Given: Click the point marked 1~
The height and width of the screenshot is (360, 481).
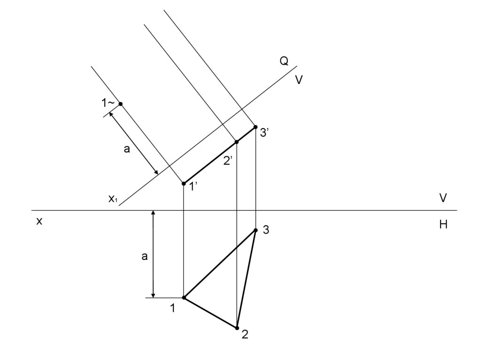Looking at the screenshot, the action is [121, 104].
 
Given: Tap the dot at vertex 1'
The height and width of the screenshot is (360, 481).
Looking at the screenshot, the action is [184, 184].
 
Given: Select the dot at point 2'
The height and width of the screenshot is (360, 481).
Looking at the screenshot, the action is [237, 142].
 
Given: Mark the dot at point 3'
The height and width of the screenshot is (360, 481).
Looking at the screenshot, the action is [255, 127].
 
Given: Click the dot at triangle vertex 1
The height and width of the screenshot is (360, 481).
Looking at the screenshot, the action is [184, 298].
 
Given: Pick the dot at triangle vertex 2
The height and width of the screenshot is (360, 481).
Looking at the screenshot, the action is [237, 328].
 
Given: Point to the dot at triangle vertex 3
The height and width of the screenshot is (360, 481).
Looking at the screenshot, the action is [256, 230].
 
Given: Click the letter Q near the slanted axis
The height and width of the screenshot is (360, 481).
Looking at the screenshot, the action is [284, 61].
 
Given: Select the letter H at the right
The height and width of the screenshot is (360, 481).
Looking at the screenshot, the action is [443, 225].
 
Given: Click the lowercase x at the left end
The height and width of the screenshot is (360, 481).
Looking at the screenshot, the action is [39, 222].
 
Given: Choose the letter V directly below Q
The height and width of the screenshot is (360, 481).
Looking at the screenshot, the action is [299, 80].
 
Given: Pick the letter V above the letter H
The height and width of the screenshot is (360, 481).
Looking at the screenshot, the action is [443, 198].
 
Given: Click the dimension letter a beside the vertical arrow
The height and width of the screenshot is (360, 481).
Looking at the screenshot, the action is [145, 257].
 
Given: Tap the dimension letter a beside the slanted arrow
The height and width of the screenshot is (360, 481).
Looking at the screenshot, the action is [126, 150].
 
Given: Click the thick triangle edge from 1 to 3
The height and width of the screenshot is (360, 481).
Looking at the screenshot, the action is [220, 264].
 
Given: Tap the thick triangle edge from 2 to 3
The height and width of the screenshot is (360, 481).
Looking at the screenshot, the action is [246, 279].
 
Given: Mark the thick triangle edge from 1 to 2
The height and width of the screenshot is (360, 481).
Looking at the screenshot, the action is [210, 313].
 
